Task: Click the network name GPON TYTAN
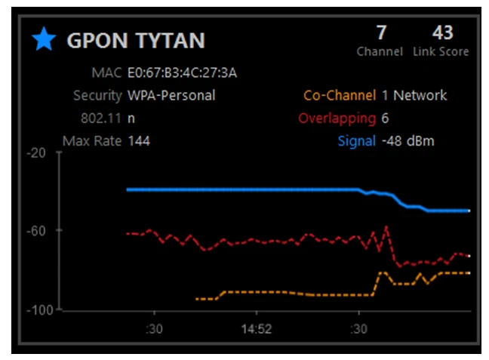coord(136,41)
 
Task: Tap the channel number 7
coord(381,33)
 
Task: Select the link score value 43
coord(442,33)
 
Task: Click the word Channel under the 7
coord(380,52)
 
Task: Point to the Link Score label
coord(441,52)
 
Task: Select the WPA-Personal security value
coord(171,96)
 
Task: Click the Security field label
coord(97,96)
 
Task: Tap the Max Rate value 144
coord(139,140)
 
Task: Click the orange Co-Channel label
coord(339,96)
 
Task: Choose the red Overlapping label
coord(337,118)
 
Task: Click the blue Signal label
coord(356,141)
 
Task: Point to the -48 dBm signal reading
coord(408,141)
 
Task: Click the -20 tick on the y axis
coord(36,152)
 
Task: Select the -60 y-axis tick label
coord(36,230)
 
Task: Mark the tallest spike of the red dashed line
coord(386,226)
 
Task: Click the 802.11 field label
coord(103,118)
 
